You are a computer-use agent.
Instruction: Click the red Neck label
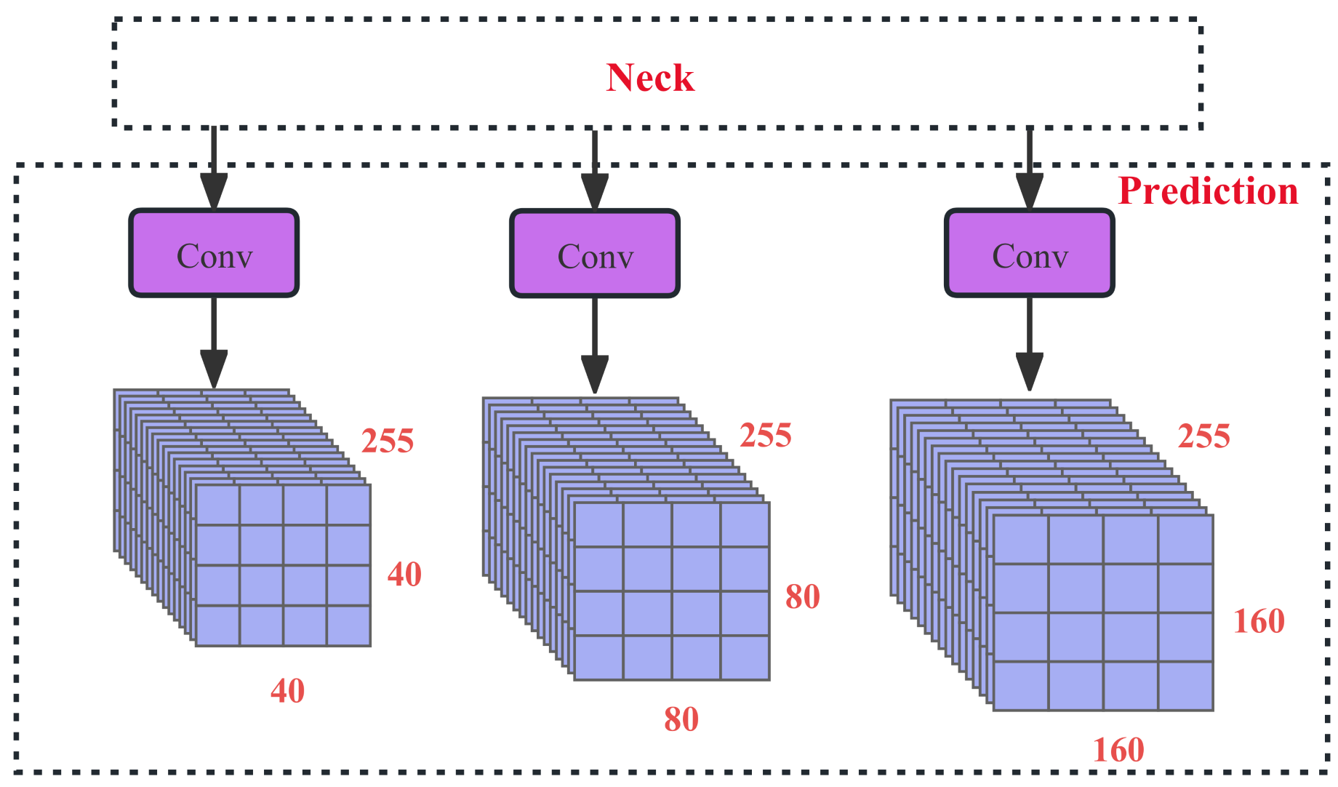tap(650, 78)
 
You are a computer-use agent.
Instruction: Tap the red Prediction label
tap(1208, 191)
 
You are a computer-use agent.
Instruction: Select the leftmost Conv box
tap(214, 254)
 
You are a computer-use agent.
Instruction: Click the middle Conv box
tap(595, 254)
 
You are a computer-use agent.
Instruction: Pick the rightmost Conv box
tap(1030, 254)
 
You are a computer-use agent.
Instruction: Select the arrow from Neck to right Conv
tap(1030, 169)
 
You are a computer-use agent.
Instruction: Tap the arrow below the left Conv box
tap(214, 342)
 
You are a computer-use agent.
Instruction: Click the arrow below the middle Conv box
tap(595, 345)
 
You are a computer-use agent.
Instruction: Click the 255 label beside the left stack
tap(388, 441)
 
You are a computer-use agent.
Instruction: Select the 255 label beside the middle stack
tap(766, 436)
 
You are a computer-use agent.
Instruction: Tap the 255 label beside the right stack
tap(1204, 436)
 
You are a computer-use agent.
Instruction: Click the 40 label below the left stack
tap(287, 691)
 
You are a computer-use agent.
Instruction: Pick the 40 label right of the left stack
tap(404, 575)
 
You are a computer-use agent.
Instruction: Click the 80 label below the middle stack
tap(681, 719)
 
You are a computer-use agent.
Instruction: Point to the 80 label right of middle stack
tap(803, 596)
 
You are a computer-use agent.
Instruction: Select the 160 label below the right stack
tap(1118, 751)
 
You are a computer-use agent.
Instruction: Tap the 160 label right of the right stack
tap(1259, 621)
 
